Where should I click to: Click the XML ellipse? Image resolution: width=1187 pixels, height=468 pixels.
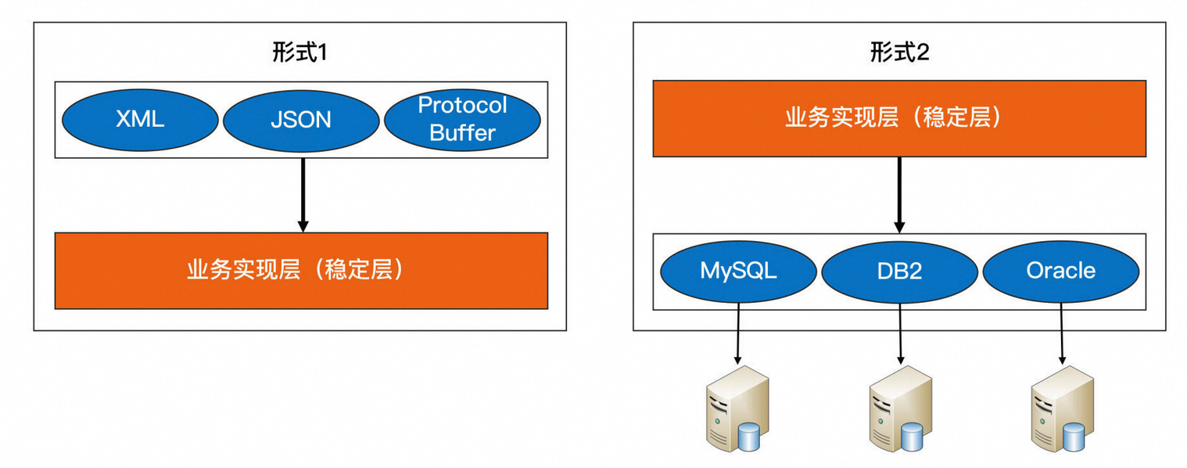[140, 119]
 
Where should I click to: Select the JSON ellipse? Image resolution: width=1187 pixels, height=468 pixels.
[301, 119]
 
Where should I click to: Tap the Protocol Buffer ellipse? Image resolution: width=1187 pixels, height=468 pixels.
[462, 119]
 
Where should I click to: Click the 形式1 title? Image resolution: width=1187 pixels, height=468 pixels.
[299, 53]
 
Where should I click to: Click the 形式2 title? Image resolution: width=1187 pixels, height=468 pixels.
[899, 53]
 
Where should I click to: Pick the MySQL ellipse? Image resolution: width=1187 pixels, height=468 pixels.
[738, 271]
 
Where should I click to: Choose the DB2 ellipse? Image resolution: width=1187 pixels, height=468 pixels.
[899, 271]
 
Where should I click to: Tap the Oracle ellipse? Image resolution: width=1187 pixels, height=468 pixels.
[1060, 271]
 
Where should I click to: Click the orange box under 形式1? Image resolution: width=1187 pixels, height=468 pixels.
[301, 270]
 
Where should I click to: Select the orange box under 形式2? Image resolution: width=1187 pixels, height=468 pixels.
[899, 118]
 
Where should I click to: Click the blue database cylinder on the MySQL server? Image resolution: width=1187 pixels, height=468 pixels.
[750, 437]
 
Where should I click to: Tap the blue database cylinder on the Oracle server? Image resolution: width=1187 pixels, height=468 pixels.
[1074, 437]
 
